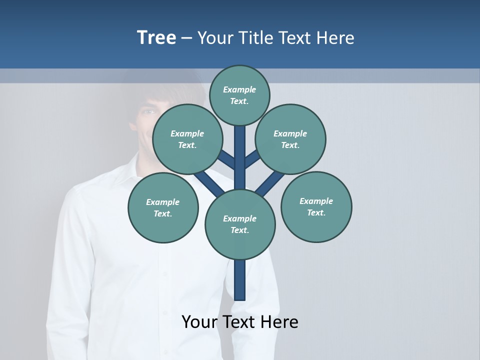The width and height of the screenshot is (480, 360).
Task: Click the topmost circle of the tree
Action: tap(239, 95)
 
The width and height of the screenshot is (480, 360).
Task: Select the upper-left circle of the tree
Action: tap(187, 139)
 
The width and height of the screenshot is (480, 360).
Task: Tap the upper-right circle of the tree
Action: tap(290, 139)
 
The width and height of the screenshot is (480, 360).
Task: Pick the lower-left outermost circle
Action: tap(163, 207)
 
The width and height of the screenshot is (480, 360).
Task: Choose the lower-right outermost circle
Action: tap(316, 206)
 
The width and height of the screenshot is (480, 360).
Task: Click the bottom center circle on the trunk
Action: tap(240, 224)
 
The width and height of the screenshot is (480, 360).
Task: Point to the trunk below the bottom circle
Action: tap(240, 280)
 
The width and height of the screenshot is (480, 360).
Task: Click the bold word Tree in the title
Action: tap(156, 37)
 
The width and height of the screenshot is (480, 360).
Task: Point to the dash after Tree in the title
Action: tap(186, 38)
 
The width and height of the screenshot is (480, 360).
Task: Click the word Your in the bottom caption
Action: tap(199, 322)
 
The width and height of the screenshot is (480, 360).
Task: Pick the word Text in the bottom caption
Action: tap(238, 322)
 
